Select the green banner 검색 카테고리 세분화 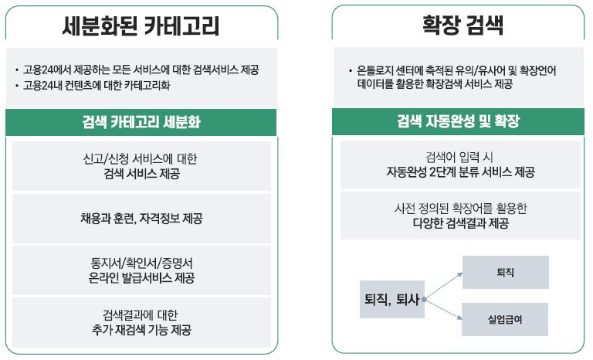(x=141, y=123)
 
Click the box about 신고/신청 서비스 (x=141, y=166)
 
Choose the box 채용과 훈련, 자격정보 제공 (x=141, y=218)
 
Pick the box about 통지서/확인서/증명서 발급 (x=141, y=270)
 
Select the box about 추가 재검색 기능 (x=141, y=321)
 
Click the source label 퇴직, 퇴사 (x=391, y=298)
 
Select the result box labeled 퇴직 (x=506, y=273)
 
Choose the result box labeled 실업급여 (x=506, y=319)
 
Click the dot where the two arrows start (x=425, y=298)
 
